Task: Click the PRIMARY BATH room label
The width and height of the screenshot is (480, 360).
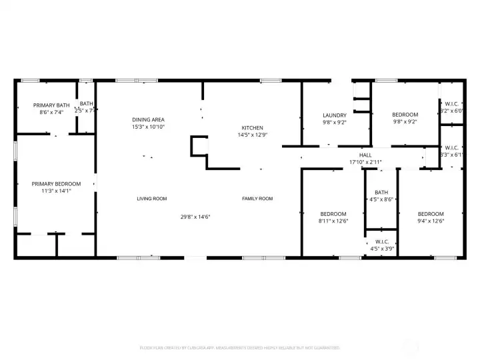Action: [51, 105]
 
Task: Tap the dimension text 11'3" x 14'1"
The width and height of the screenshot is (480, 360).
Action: [56, 191]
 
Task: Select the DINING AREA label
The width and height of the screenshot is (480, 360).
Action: [148, 119]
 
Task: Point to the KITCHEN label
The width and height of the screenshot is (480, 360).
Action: [252, 128]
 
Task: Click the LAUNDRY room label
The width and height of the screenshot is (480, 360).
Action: [335, 115]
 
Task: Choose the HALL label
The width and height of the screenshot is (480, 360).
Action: [365, 155]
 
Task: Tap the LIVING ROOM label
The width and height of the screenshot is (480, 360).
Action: [151, 199]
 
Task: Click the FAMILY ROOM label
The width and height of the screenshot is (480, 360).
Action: [257, 199]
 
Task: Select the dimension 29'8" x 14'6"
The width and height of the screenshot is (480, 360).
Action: [195, 217]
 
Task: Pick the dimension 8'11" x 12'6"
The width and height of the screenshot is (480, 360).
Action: [333, 221]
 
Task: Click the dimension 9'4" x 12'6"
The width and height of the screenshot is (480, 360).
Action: [430, 221]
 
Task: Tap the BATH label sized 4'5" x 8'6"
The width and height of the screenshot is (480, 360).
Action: [381, 192]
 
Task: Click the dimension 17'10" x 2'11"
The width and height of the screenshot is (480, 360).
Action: [365, 162]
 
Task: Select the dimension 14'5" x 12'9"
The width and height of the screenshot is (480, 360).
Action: [252, 135]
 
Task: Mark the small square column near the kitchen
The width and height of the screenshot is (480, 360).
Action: [199, 145]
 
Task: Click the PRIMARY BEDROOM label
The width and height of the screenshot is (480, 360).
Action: [56, 184]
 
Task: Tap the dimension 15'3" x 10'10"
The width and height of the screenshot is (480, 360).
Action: [148, 127]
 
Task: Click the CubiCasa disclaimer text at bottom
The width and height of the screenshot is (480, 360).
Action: [240, 347]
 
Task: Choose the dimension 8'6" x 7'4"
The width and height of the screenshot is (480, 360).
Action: [51, 113]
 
